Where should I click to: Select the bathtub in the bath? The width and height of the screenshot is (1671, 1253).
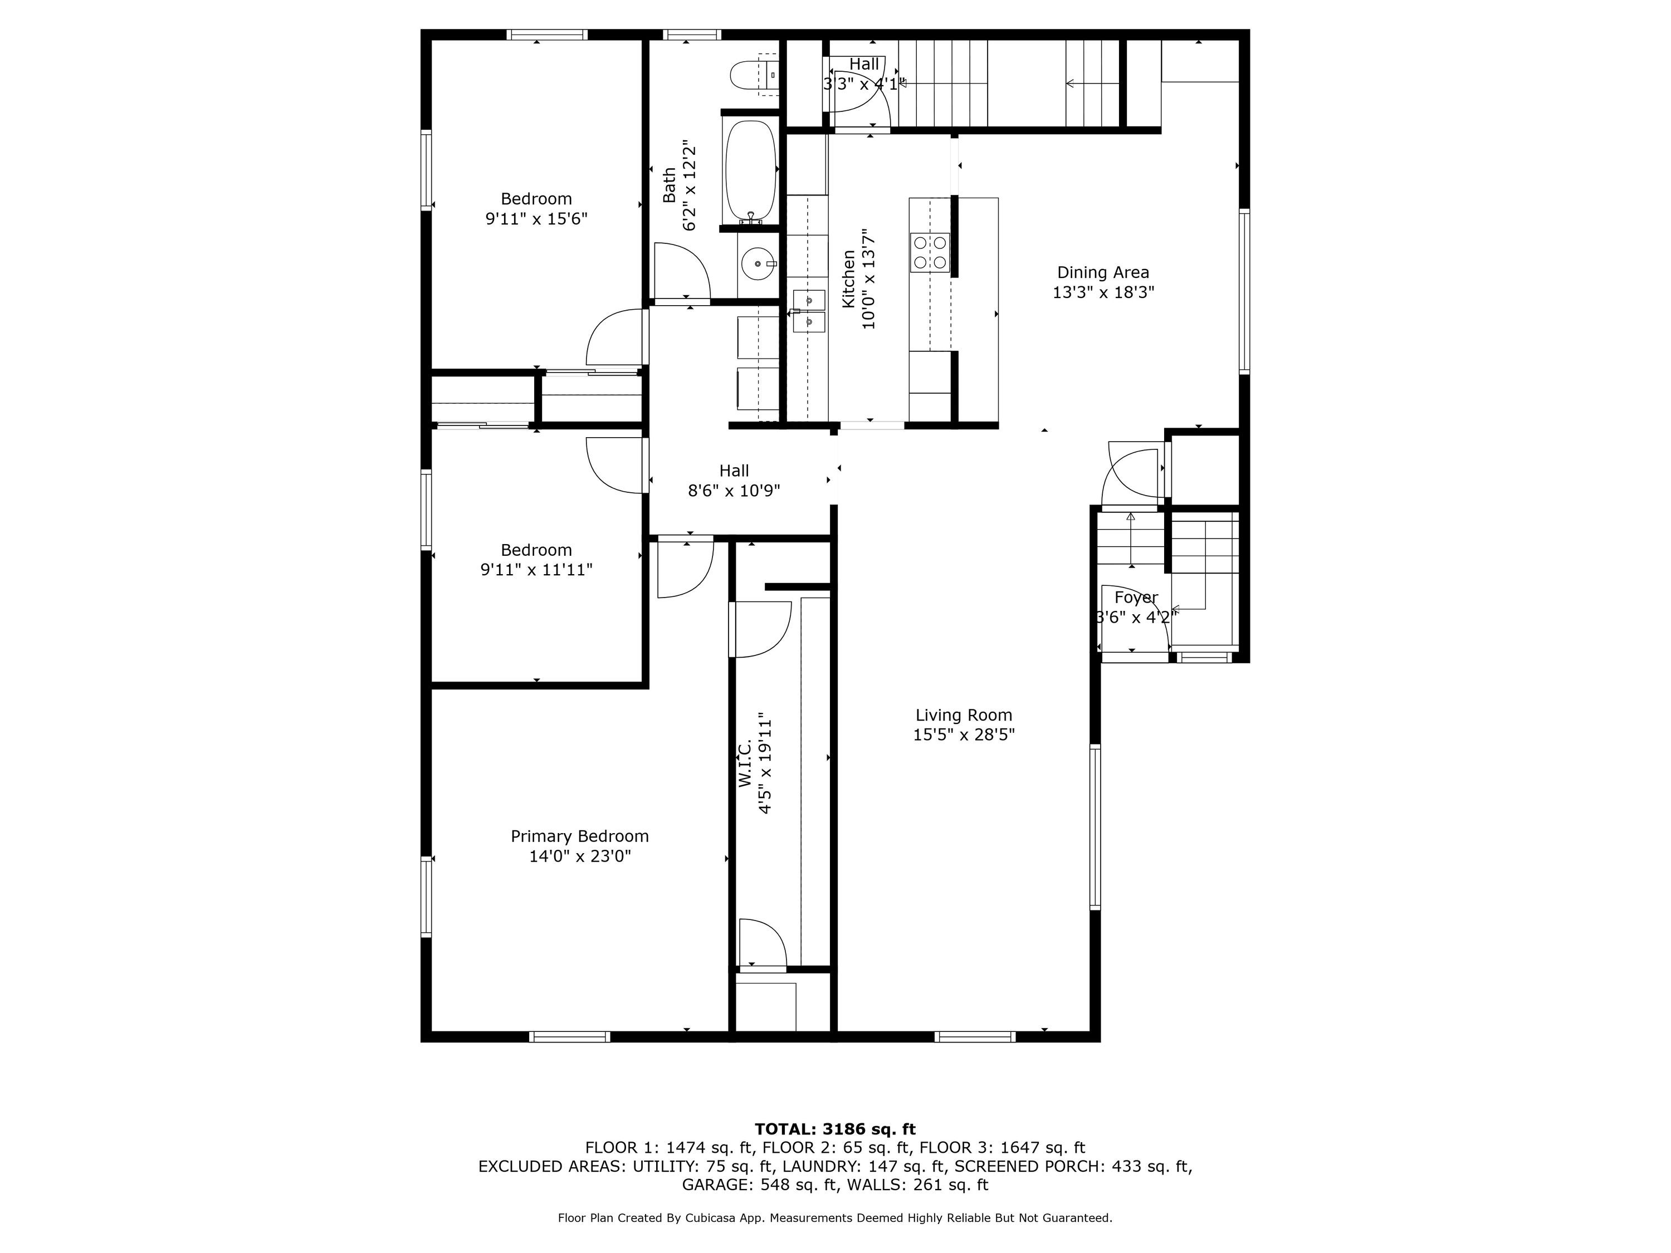click(751, 171)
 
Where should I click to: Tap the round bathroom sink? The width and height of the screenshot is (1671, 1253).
click(758, 265)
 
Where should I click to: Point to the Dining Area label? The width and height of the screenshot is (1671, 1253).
click(1103, 273)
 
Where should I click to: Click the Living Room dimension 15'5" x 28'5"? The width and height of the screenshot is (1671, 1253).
click(964, 735)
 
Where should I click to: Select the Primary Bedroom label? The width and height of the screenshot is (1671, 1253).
click(579, 836)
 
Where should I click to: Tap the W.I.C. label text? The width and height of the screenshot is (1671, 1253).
click(745, 763)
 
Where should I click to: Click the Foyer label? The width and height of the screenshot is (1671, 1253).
click(1136, 598)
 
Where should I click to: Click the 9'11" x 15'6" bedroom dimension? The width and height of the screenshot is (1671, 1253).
click(536, 219)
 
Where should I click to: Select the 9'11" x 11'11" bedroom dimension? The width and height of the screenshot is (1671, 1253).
click(536, 570)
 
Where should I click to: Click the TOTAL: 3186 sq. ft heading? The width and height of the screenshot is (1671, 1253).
click(835, 1129)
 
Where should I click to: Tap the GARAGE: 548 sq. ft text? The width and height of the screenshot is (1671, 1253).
click(760, 1185)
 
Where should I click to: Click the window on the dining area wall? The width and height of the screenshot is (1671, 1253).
click(1244, 292)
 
